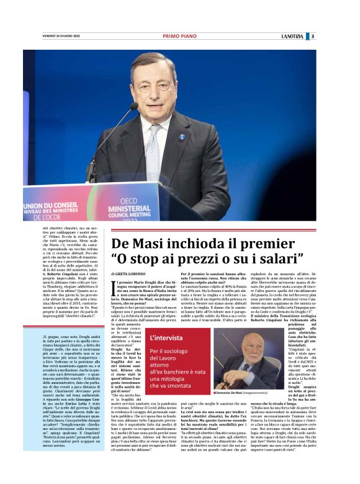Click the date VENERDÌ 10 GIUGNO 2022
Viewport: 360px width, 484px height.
pyautogui.click(x=61, y=36)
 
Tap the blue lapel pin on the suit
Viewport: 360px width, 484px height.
pyautogui.click(x=182, y=137)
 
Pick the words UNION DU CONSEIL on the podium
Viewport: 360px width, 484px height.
pyautogui.click(x=50, y=193)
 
